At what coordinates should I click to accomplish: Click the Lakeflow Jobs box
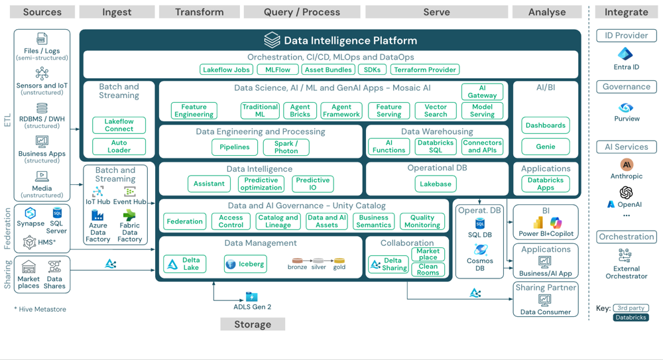coord(227,70)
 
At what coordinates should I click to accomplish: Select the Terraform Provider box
coord(424,70)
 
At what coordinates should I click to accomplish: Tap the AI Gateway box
coord(482,92)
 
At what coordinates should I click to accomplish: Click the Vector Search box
coord(436,111)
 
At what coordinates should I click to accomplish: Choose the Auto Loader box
coord(119,147)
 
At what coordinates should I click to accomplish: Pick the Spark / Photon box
coord(286,147)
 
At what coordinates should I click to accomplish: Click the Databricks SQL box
coord(436,147)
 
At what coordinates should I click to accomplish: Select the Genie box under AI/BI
coord(545,147)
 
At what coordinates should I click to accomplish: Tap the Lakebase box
coord(436,184)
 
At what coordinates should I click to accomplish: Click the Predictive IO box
coord(312,184)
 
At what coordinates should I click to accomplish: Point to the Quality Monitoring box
coord(422,221)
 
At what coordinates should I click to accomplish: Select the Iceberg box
coord(245,264)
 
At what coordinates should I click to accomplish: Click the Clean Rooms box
coord(428,269)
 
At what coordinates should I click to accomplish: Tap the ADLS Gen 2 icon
coord(252,297)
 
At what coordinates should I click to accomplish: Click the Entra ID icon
coord(626,54)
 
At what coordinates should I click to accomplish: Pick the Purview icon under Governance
coord(626,107)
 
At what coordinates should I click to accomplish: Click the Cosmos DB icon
coord(481,250)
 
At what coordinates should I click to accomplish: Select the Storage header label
coord(253,324)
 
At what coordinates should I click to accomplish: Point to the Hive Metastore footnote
coord(40,309)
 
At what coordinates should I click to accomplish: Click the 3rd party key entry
coord(631,308)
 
